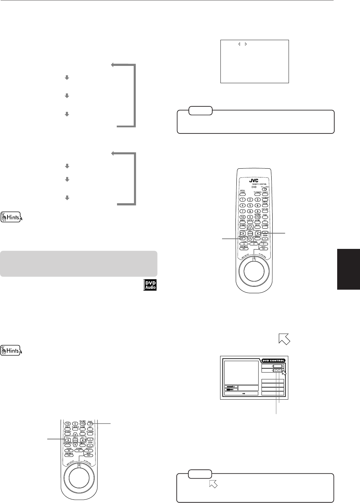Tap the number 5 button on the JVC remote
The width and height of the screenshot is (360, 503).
click(x=250, y=206)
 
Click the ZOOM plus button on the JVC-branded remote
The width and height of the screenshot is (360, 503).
click(x=265, y=232)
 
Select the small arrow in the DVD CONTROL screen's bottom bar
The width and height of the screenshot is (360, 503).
click(x=241, y=394)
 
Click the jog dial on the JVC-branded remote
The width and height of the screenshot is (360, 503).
click(x=253, y=273)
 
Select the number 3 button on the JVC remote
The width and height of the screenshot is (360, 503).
click(x=258, y=200)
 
